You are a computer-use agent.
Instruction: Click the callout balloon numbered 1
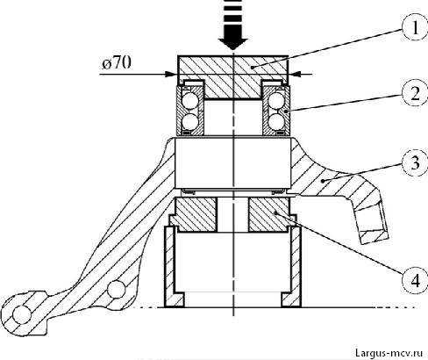(x=416, y=28)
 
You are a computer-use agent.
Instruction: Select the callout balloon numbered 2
(x=416, y=93)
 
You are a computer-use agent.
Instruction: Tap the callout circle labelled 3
(x=416, y=162)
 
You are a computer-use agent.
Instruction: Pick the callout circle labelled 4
(x=416, y=281)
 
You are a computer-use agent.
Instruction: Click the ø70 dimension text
(x=117, y=62)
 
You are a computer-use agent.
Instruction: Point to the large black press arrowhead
(x=233, y=42)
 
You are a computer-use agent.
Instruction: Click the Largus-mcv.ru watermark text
(x=389, y=353)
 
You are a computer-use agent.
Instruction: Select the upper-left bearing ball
(x=189, y=101)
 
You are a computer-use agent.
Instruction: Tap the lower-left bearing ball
(x=189, y=122)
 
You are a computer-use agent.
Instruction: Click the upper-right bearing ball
(x=276, y=101)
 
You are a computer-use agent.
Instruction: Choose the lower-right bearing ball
(x=276, y=122)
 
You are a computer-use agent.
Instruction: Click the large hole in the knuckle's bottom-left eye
(x=22, y=315)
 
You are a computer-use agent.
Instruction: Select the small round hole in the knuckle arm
(x=116, y=289)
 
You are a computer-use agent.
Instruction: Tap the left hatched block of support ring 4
(x=195, y=214)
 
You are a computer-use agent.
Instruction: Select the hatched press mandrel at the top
(x=233, y=76)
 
